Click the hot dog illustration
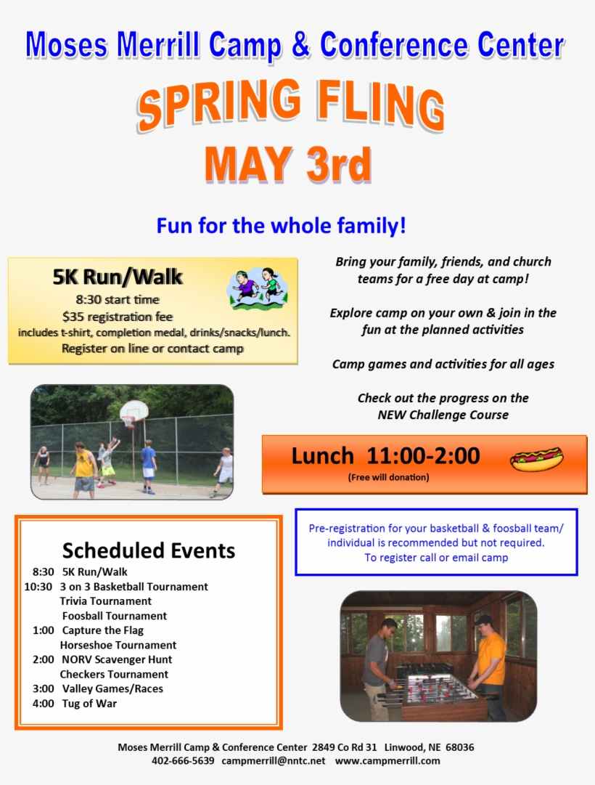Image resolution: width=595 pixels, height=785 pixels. [536, 459]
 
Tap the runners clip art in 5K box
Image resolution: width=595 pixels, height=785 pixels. [257, 287]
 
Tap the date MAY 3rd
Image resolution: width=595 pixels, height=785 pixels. [288, 165]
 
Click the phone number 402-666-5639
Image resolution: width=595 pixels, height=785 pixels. [183, 761]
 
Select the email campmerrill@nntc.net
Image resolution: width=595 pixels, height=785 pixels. [274, 761]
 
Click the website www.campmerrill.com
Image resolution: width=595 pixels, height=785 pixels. [387, 761]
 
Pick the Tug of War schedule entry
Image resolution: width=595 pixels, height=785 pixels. [89, 703]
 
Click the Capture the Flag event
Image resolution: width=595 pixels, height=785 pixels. [102, 630]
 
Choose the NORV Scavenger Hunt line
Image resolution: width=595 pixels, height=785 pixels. [117, 659]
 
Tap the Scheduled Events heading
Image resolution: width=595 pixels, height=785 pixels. [149, 550]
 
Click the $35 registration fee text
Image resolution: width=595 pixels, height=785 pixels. [118, 316]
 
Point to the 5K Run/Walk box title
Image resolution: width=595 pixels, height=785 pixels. [118, 277]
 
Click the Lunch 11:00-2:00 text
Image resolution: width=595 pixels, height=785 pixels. [385, 456]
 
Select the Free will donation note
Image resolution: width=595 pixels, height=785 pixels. [388, 477]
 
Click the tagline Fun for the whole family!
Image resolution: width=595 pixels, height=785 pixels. [282, 226]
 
